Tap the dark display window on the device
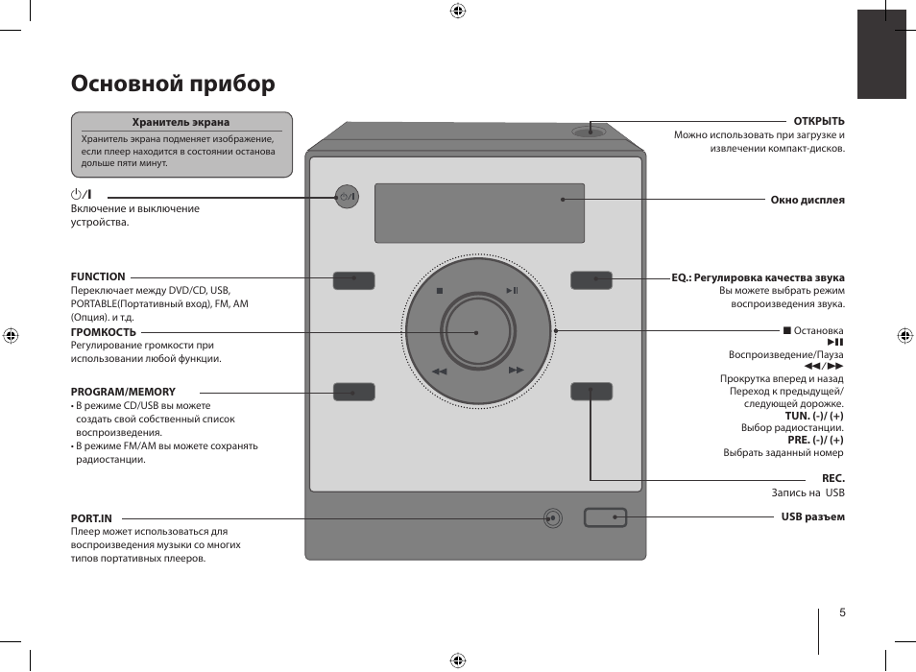479,213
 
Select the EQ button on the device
591,280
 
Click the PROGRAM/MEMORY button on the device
353,392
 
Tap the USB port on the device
605,517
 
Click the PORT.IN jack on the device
551,517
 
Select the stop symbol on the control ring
439,291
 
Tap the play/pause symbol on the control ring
513,291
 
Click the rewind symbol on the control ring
440,371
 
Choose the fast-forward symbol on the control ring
516,371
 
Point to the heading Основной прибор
173,84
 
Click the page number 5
842,613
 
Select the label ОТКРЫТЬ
818,121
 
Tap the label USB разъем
812,517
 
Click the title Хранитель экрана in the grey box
181,123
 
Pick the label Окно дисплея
808,200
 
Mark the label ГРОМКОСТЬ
103,332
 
